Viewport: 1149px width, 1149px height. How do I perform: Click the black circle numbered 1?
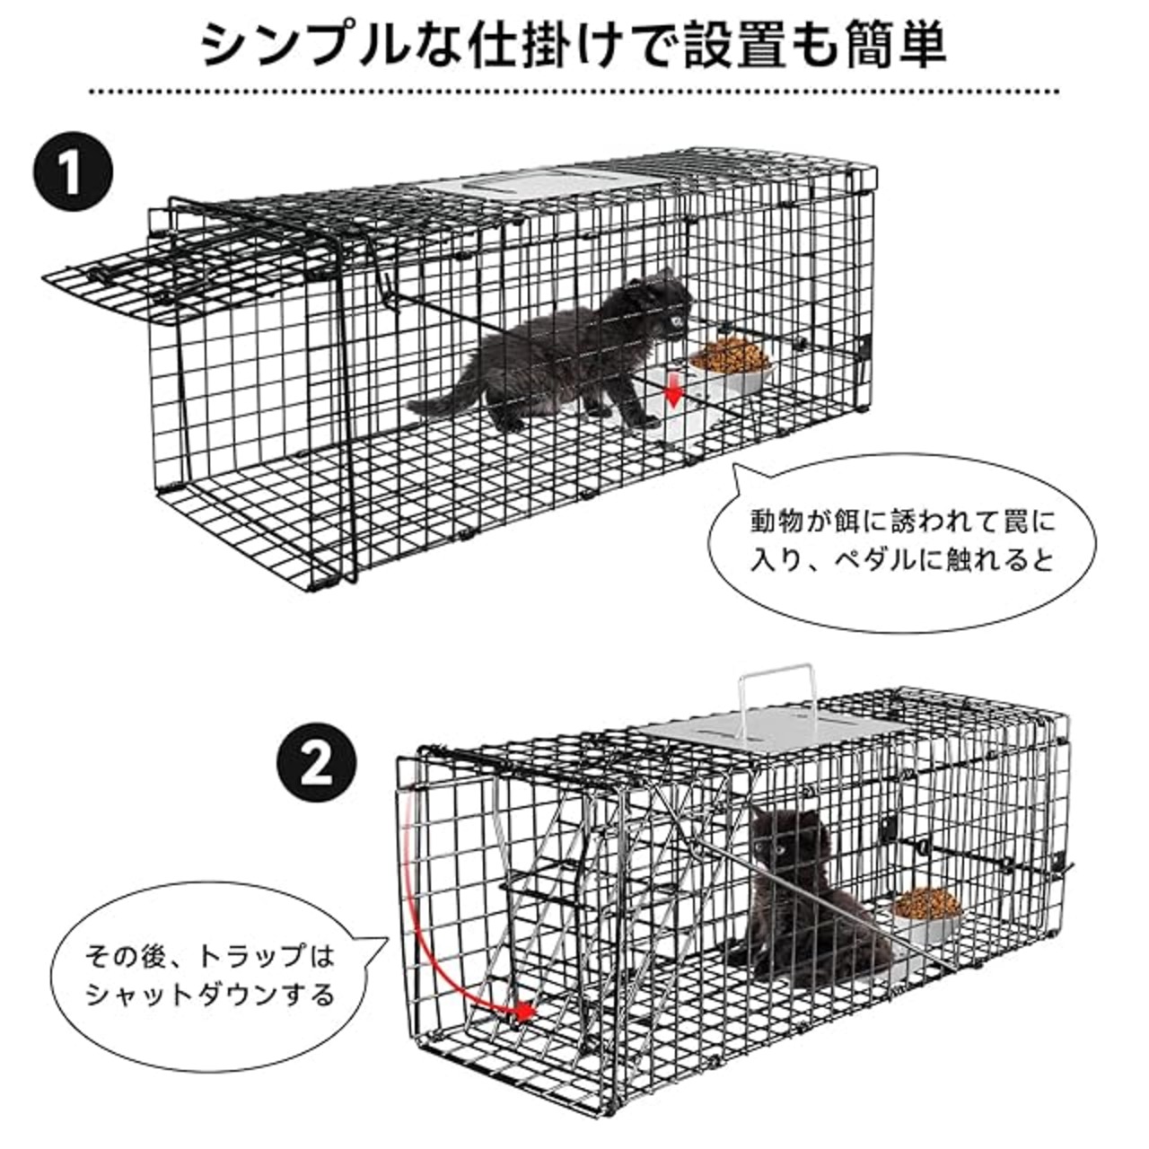(x=73, y=171)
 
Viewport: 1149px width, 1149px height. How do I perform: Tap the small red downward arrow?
(x=673, y=393)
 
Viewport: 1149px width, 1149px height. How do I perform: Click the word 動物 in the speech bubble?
(x=778, y=522)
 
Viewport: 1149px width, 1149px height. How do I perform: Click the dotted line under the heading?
(x=574, y=92)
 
